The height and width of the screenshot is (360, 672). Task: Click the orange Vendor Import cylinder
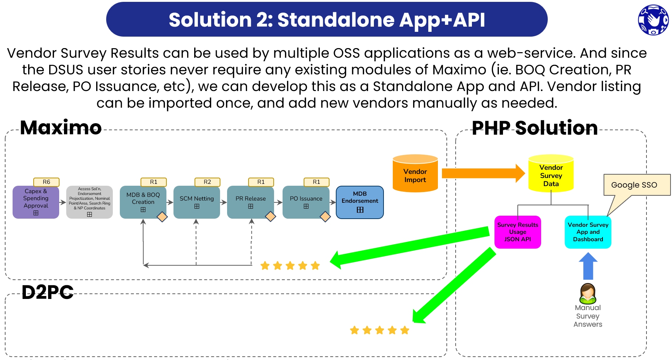pos(415,173)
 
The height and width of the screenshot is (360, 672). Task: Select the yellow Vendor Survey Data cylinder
pos(551,173)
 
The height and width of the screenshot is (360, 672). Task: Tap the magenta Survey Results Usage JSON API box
pos(517,232)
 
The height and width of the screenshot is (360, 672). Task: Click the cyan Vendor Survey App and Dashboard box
pos(588,232)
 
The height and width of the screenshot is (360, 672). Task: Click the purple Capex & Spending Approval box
pos(36,202)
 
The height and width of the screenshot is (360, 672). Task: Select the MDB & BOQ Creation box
pos(143,202)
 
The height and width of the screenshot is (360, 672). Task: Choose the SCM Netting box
pos(197,202)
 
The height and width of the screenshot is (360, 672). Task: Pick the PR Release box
pos(251,202)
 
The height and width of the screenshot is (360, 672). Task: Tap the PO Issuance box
pos(306,202)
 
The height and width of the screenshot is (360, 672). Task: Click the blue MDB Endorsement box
pos(360,202)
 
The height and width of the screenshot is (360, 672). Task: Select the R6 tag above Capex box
pos(47,182)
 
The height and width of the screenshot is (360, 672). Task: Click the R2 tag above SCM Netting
pos(207,182)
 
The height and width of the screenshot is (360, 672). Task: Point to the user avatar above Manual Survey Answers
pos(588,293)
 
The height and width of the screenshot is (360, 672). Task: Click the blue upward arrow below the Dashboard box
pos(588,266)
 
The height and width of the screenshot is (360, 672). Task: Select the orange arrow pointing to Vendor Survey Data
pos(483,173)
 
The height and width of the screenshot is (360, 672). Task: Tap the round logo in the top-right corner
pos(654,20)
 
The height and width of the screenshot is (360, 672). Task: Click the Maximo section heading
pos(61,128)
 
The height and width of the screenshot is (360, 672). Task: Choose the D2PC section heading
pos(48,292)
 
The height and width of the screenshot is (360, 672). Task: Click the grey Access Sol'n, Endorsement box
pos(90,202)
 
